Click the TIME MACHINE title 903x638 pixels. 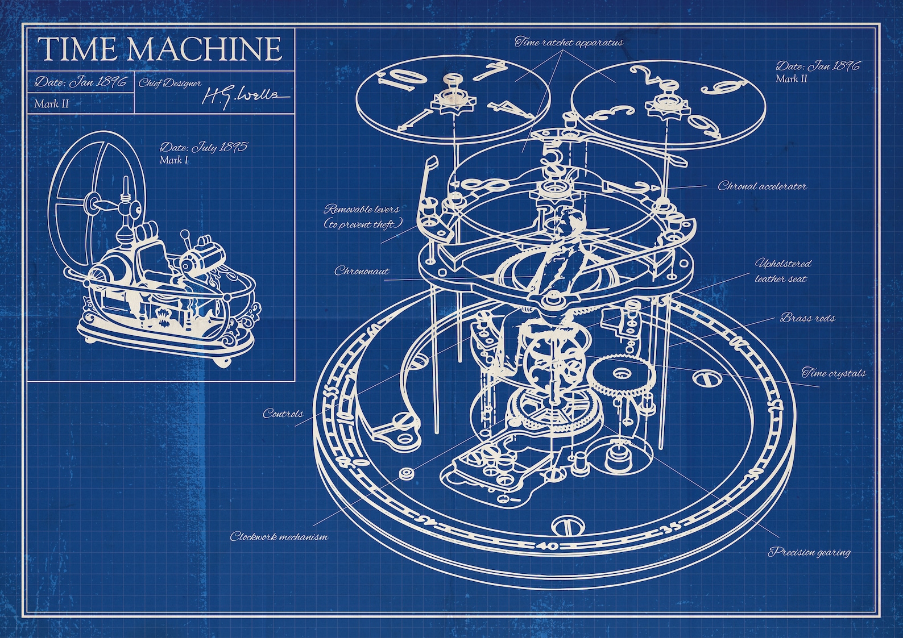pos(160,49)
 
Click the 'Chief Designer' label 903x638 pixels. pos(170,83)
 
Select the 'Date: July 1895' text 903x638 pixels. pos(204,147)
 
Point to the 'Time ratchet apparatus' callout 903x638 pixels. pos(569,42)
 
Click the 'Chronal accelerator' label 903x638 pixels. pos(762,186)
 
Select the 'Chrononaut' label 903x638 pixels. pos(362,271)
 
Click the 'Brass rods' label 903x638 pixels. pos(807,318)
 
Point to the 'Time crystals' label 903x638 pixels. pos(834,373)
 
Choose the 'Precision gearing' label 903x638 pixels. pos(809,551)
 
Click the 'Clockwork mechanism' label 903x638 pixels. pos(279,536)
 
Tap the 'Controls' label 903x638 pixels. pos(283,414)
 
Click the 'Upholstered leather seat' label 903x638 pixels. pos(782,271)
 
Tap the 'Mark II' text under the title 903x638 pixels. pos(51,103)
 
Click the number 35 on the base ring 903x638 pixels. pos(672,531)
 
